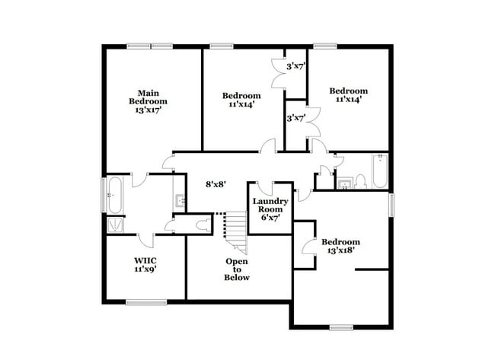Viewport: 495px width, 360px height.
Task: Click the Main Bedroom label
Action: (148, 97)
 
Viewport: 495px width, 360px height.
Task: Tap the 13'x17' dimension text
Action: (148, 110)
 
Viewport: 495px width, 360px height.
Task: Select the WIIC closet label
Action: (145, 260)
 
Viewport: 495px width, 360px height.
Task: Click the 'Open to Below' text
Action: (236, 269)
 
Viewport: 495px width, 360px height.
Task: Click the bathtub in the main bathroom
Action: (114, 196)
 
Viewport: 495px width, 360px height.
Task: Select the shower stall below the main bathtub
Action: (116, 225)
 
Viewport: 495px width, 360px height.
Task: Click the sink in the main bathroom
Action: (180, 202)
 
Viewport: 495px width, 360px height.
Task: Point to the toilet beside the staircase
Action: (201, 225)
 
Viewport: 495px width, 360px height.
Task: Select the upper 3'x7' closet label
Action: (296, 66)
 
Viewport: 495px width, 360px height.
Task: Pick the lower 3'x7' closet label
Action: (296, 118)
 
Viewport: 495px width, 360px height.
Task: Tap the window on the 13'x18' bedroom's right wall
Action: (393, 204)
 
